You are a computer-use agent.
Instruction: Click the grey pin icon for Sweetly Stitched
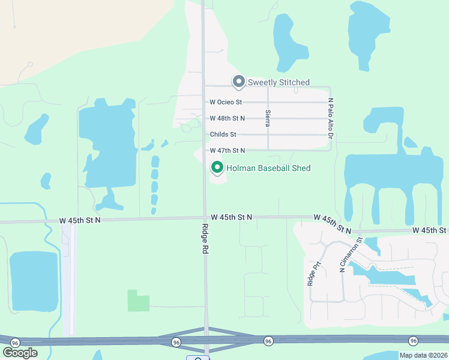pyautogui.click(x=238, y=81)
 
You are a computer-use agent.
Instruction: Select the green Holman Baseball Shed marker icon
pyautogui.click(x=216, y=167)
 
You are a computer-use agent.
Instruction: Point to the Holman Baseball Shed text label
pyautogui.click(x=268, y=168)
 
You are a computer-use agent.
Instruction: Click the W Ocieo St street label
pyautogui.click(x=226, y=103)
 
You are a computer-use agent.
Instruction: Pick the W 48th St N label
pyautogui.click(x=227, y=118)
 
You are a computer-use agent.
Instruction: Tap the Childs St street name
pyautogui.click(x=223, y=134)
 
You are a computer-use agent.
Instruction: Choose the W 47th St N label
pyautogui.click(x=227, y=150)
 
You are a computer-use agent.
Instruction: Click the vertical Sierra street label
pyautogui.click(x=268, y=118)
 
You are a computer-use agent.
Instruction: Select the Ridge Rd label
pyautogui.click(x=204, y=239)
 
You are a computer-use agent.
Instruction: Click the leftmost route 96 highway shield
pyautogui.click(x=15, y=342)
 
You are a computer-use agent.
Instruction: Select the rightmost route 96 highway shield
pyautogui.click(x=413, y=341)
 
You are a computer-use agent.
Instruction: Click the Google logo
pyautogui.click(x=20, y=353)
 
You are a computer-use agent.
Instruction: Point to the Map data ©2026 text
pyautogui.click(x=423, y=355)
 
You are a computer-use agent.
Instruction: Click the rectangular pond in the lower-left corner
pyautogui.click(x=34, y=281)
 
